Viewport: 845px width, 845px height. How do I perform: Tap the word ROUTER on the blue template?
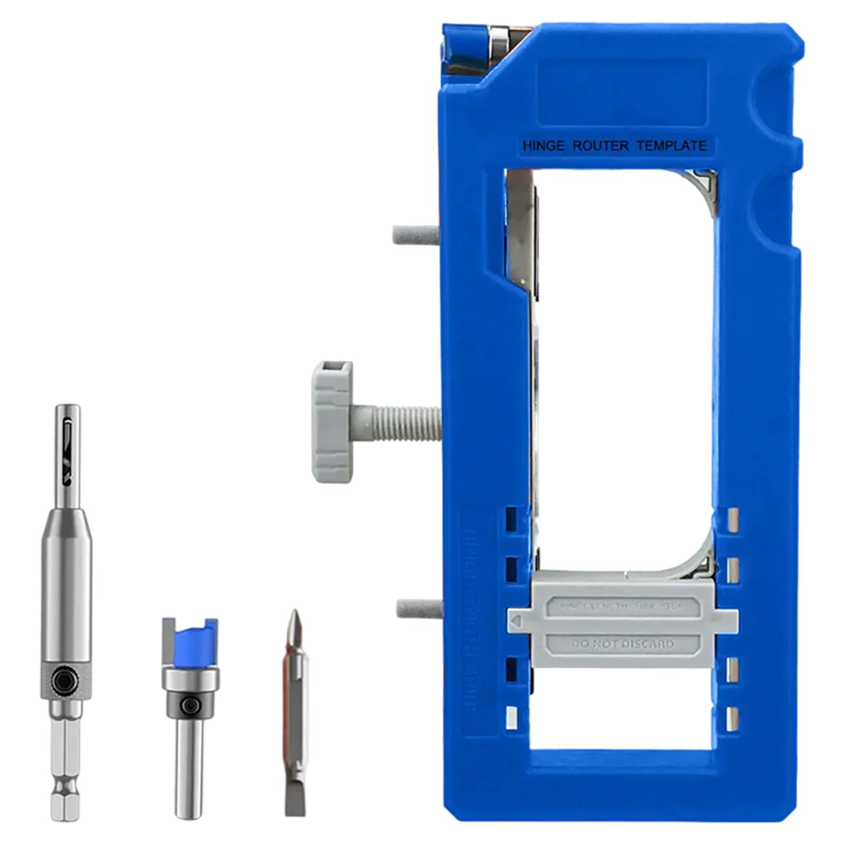click(600, 146)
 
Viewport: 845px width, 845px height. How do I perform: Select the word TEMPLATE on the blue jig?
click(672, 146)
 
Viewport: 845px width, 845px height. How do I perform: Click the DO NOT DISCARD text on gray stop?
click(623, 644)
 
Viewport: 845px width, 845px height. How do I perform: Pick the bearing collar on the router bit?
click(190, 681)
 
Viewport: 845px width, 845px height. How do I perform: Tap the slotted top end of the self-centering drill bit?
click(68, 444)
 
